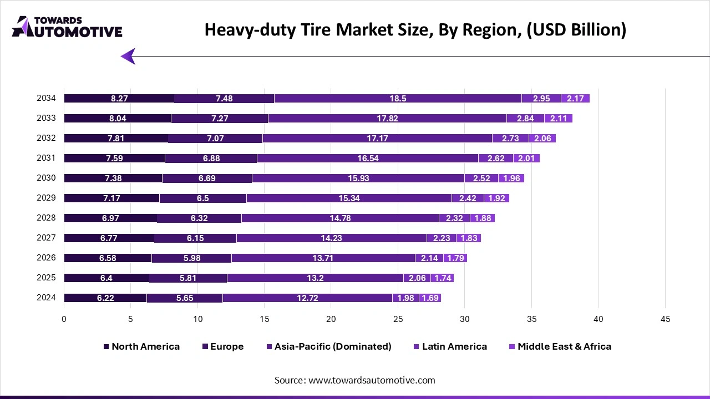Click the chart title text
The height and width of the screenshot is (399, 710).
click(x=415, y=30)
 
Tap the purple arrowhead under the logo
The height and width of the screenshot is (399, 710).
click(x=128, y=56)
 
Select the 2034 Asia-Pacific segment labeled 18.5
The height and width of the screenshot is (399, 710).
click(x=398, y=99)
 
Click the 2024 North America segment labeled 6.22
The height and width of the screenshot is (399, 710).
click(x=105, y=298)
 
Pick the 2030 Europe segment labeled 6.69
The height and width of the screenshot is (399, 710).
click(x=207, y=178)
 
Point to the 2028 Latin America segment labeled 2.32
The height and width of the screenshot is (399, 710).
click(x=454, y=218)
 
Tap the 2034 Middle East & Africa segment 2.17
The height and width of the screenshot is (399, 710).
click(x=575, y=99)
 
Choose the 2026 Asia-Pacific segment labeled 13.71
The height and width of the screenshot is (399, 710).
click(x=323, y=258)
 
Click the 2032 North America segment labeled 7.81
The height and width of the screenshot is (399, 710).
click(x=116, y=139)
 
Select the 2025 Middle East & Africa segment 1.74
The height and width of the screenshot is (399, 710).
click(x=442, y=278)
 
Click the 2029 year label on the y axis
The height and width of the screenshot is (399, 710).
click(x=46, y=198)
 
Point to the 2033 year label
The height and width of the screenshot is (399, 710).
click(x=46, y=118)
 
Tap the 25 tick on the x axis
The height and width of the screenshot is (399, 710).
click(x=398, y=319)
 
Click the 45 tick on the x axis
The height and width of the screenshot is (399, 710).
click(x=665, y=319)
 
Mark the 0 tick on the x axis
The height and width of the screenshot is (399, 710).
click(x=64, y=319)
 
